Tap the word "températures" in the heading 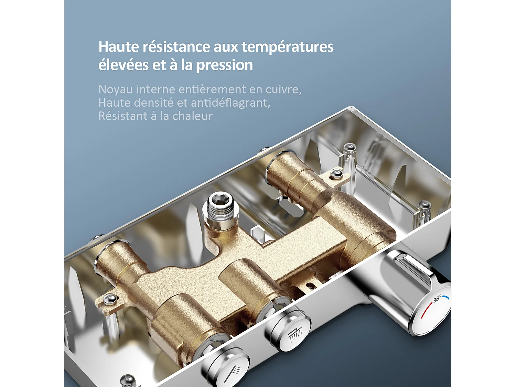pyautogui.click(x=287, y=47)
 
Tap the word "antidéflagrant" pyautogui.click(x=230, y=103)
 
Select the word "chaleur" pyautogui.click(x=192, y=116)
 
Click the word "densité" pyautogui.click(x=153, y=103)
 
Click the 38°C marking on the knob pyautogui.click(x=437, y=299)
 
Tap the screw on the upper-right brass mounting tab pyautogui.click(x=336, y=174)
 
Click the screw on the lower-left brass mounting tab pyautogui.click(x=110, y=299)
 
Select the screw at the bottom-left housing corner pyautogui.click(x=128, y=379)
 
